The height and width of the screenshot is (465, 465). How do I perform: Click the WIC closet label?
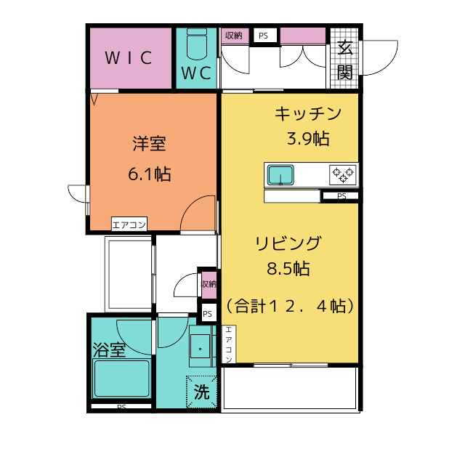(129, 59)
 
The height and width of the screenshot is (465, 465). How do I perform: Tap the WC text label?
(196, 73)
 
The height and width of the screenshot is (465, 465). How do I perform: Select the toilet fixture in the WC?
(196, 46)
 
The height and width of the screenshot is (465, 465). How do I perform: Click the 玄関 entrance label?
(345, 60)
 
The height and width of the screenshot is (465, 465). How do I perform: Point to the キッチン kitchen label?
(307, 113)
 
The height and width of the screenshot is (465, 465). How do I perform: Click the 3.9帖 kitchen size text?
(308, 138)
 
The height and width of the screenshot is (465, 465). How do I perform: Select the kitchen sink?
(280, 175)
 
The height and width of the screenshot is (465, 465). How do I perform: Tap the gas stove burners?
(342, 174)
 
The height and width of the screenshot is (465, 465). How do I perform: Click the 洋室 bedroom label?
(149, 143)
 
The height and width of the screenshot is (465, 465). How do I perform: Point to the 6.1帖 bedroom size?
(149, 174)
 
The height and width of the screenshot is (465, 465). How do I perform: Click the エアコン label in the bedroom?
(129, 225)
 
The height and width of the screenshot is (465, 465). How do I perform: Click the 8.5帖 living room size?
(288, 269)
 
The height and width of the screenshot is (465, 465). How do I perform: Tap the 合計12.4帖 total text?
(290, 306)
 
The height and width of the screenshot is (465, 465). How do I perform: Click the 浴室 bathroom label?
(109, 349)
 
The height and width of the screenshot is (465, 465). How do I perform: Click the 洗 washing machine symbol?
(201, 393)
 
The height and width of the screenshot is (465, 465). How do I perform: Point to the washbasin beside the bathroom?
(199, 349)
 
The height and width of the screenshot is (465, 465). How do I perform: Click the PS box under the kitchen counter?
(341, 196)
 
